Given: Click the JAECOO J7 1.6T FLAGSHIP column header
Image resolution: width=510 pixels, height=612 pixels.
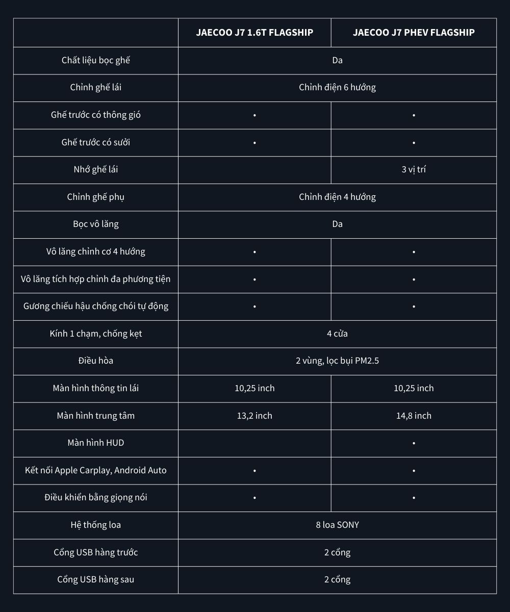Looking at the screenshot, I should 254,33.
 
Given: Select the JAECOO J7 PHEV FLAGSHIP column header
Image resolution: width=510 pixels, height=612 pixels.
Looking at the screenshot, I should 414,33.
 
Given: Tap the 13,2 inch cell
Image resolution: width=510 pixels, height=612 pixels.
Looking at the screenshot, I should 254,416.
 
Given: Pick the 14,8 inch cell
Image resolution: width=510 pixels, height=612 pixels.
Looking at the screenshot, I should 414,416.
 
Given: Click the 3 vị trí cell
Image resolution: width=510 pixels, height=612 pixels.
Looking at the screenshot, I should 414,170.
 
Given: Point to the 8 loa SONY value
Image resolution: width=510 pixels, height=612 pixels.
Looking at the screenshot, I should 337,525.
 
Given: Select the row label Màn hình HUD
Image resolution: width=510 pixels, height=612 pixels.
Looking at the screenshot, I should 96,443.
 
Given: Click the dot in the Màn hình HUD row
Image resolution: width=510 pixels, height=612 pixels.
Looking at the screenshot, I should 414,443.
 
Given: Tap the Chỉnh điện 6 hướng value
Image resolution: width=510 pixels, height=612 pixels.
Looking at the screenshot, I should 337,88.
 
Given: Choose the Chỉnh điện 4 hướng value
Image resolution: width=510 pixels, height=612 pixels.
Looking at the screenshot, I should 337,197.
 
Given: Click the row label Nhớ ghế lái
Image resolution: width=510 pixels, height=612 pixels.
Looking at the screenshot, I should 96,170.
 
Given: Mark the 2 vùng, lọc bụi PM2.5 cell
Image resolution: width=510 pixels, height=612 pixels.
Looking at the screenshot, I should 337,361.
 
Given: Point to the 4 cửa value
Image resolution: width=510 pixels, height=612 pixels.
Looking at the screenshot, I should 337,334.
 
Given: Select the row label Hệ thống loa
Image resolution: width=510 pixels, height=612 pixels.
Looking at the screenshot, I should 96,525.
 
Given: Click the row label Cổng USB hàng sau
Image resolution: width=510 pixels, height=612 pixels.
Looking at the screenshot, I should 96,579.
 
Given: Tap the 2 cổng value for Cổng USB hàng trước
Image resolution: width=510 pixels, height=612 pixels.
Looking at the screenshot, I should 337,552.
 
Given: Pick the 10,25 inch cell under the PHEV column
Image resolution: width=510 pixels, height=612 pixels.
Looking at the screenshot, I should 414,388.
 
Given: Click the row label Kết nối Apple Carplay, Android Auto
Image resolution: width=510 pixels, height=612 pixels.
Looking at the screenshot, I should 96,470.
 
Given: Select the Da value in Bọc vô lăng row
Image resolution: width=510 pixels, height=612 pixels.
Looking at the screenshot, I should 337,224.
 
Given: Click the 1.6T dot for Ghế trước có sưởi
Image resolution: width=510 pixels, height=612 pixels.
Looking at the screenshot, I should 254,143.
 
